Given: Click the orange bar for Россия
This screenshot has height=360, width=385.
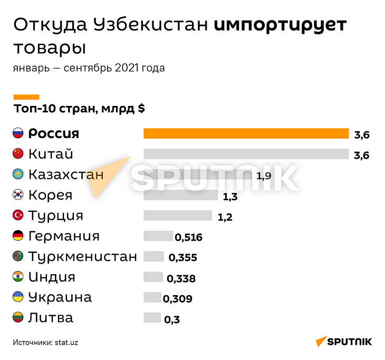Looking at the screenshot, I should (246, 134).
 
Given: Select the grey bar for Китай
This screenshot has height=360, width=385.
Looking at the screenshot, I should (246, 154).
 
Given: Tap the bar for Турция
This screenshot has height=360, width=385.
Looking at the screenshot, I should (177, 216).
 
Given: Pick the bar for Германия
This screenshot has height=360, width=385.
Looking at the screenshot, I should (158, 236).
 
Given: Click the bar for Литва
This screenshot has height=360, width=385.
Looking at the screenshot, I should (152, 317).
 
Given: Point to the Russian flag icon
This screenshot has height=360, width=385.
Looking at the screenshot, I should (18, 133).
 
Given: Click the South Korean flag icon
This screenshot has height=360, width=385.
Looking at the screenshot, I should (18, 195).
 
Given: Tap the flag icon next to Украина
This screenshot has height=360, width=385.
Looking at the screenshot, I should (18, 297).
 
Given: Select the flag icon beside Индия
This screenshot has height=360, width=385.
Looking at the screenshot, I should (18, 277).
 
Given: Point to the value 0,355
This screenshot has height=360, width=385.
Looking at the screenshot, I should (182, 258).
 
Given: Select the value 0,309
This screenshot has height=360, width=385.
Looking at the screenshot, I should (178, 299).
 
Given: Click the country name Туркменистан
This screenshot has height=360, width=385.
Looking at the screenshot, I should (82, 257).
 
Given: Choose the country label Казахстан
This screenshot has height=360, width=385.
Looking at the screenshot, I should (65, 174).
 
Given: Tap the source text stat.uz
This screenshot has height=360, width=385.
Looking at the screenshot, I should (66, 342).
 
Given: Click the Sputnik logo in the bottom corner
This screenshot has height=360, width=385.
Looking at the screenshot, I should (343, 341).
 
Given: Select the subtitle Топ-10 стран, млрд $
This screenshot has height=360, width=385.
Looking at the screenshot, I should (79, 109).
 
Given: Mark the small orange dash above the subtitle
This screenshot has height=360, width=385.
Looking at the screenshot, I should (26, 96).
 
